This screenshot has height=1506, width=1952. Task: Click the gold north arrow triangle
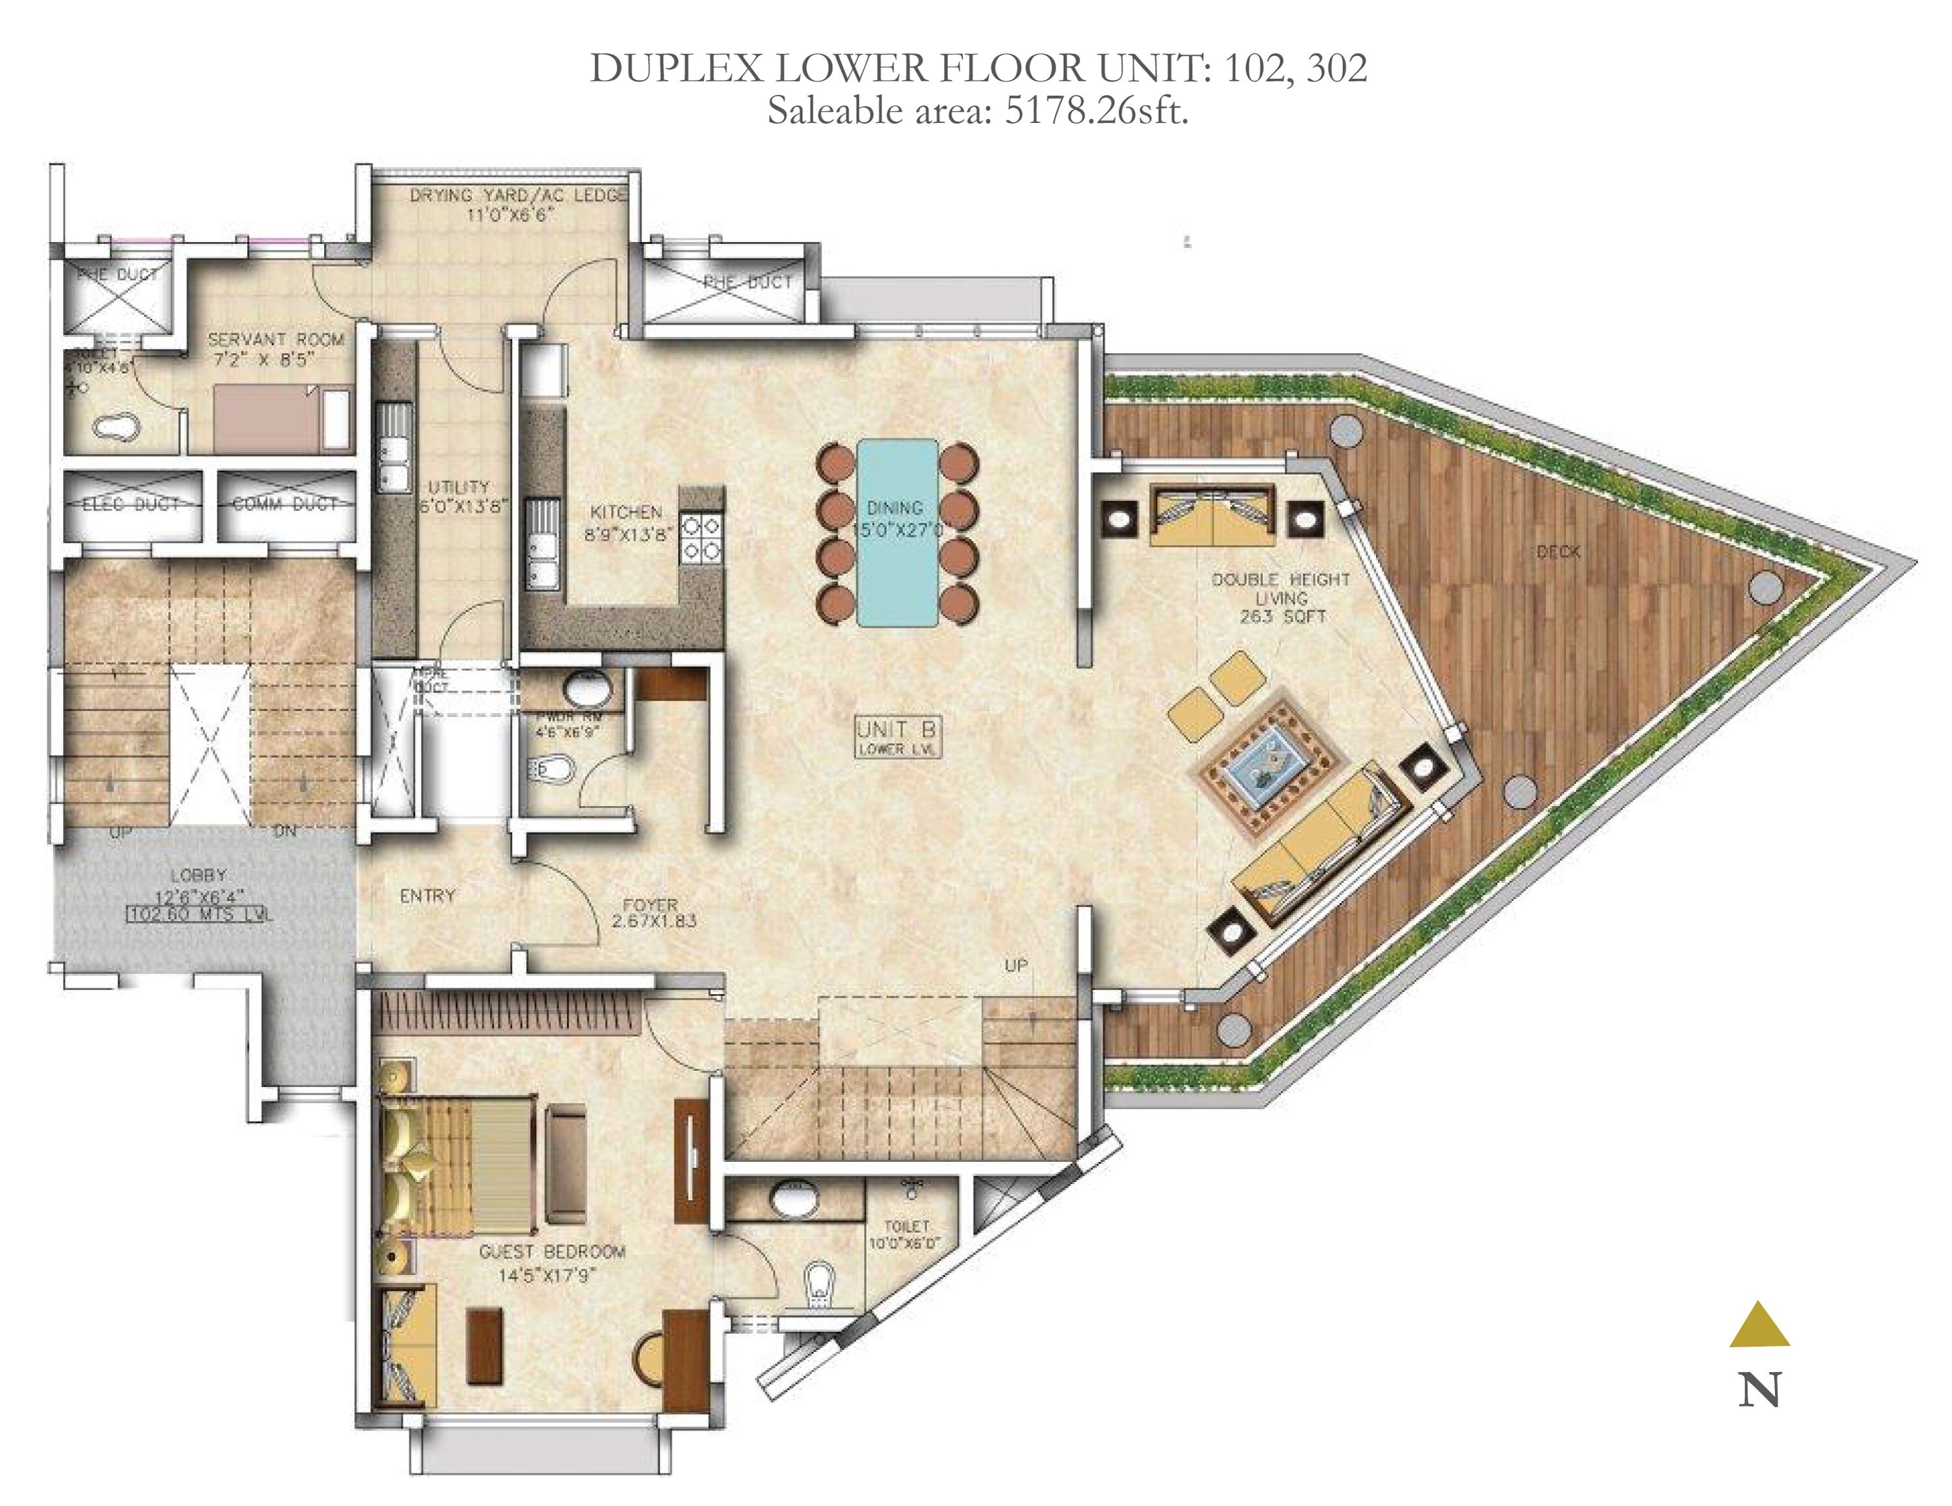[x=1759, y=1325]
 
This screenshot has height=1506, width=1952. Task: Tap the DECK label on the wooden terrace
[x=1558, y=552]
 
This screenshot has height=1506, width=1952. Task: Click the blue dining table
[x=897, y=531]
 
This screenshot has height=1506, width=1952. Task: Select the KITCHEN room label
[x=626, y=512]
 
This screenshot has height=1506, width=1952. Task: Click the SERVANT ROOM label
[x=275, y=340]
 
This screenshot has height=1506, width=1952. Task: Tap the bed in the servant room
[x=268, y=418]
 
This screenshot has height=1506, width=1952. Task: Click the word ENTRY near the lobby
[x=427, y=896]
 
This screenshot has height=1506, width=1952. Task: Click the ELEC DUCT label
[x=131, y=505]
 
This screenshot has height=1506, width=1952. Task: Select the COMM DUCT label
[x=284, y=505]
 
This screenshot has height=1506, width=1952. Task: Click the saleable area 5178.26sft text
[x=978, y=113]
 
